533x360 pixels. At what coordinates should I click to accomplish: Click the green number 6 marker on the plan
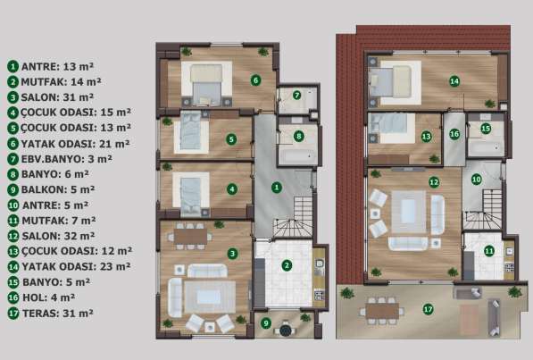255,80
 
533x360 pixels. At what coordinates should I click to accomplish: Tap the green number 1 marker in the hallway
277,187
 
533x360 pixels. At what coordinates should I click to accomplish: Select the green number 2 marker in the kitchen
287,264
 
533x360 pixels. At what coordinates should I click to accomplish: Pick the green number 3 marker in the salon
232,254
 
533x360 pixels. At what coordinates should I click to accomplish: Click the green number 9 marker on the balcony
266,322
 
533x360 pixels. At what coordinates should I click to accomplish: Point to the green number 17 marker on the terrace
428,309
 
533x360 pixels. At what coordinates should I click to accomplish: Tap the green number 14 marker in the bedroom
454,81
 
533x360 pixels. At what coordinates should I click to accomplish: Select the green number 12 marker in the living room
434,181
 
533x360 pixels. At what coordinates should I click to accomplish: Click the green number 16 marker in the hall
454,134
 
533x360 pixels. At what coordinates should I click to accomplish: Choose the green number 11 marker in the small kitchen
488,251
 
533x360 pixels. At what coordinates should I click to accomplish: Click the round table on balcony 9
285,330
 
